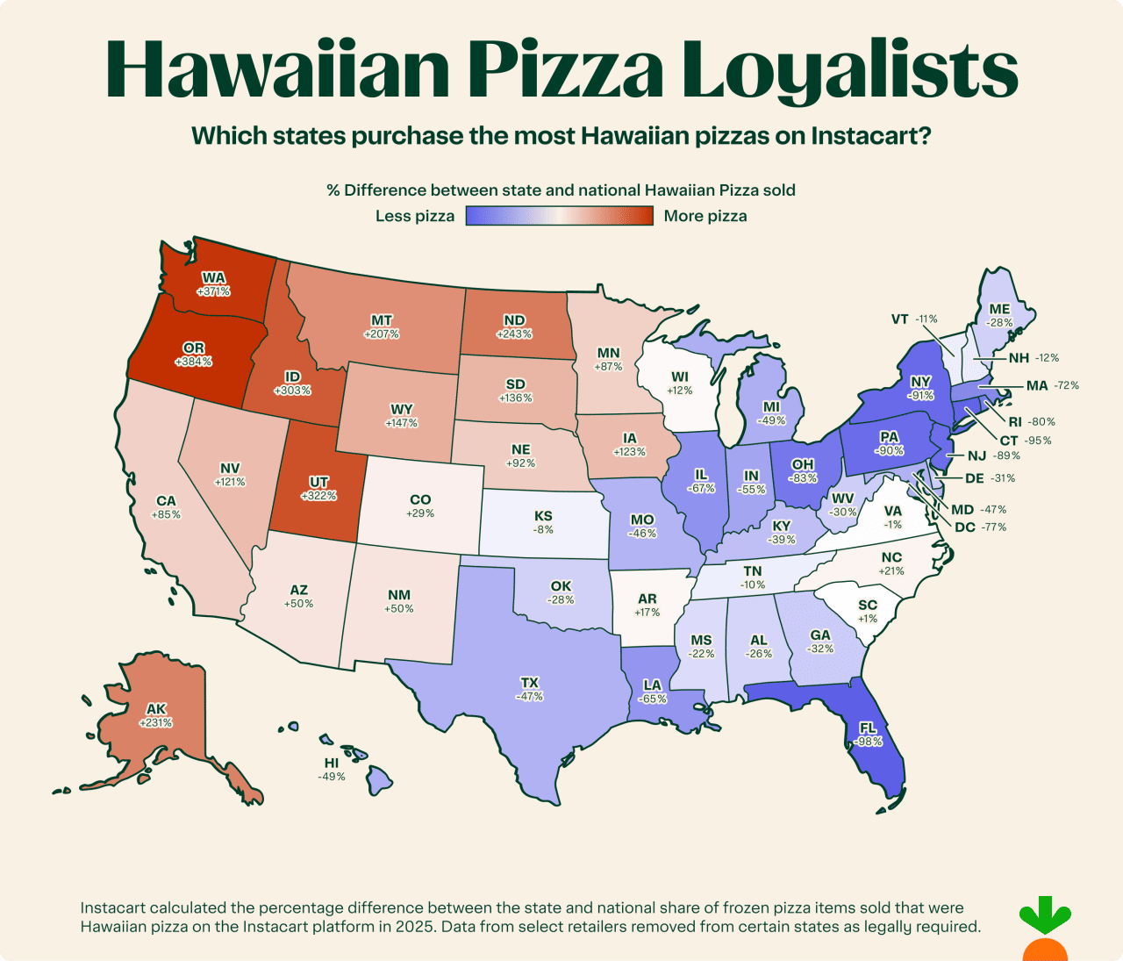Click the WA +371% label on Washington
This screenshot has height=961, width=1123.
213,284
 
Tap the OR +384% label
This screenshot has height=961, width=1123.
193,355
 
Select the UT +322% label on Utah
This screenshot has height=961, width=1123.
318,489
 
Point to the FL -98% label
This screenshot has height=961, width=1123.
868,735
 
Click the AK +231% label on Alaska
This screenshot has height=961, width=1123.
156,716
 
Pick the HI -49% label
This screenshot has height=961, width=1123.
332,770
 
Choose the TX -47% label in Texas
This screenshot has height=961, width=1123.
529,689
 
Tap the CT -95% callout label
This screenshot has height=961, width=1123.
1025,441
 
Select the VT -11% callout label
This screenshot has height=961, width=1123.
914,319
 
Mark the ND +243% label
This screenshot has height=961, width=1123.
514,326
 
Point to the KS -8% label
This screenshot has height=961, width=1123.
543,522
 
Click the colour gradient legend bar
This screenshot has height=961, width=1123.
559,216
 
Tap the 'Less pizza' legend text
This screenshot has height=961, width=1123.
415,216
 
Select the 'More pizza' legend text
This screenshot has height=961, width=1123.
705,216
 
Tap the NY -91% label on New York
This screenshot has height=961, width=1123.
920,388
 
